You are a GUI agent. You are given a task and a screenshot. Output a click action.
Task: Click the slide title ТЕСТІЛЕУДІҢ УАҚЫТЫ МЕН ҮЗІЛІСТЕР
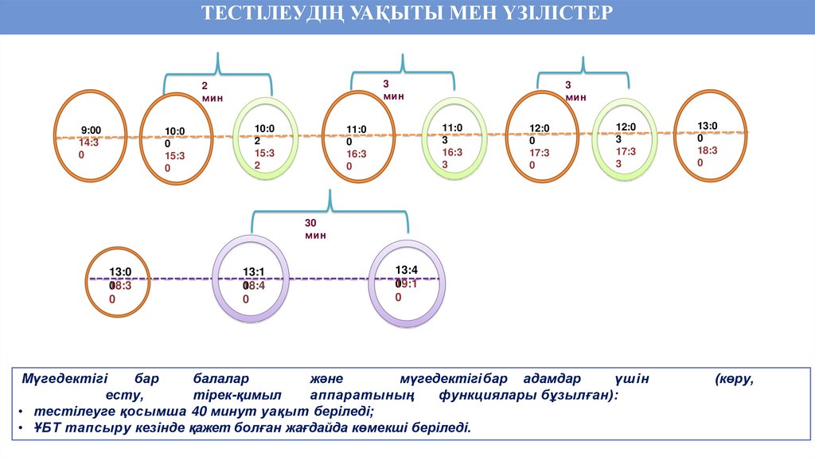click(407, 14)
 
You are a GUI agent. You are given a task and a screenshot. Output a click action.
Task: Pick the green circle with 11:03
click(454, 140)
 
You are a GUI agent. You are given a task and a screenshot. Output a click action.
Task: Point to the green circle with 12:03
click(627, 139)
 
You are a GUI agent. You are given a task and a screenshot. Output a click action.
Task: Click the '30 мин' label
click(315, 229)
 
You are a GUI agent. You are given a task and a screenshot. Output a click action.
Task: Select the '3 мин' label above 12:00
click(575, 91)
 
